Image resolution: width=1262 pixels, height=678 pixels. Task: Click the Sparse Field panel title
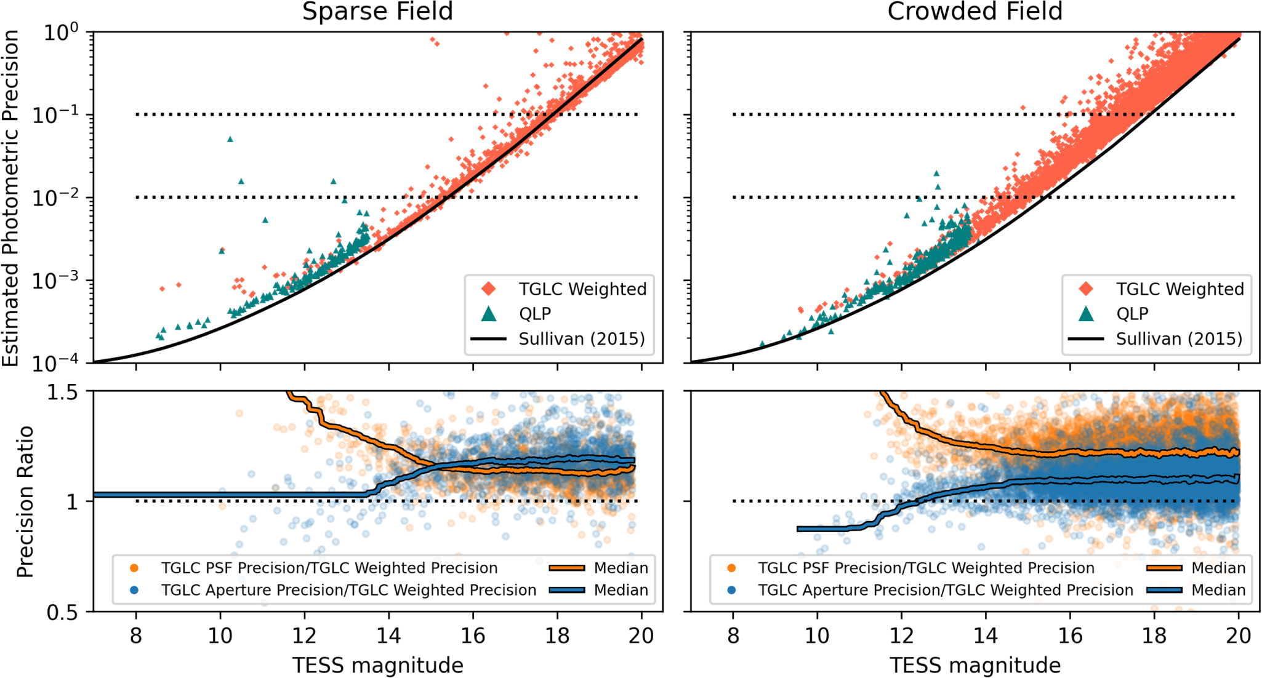click(377, 12)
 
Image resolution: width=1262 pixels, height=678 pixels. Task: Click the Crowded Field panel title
click(975, 12)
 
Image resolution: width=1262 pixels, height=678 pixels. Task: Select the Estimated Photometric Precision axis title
click(10, 198)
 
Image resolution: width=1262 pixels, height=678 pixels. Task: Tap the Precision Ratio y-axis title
click(25, 501)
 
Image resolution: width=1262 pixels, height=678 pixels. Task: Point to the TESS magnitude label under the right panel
click(975, 665)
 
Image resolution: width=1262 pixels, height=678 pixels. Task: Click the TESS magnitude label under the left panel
click(377, 665)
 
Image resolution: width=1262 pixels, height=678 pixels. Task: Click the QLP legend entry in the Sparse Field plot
click(534, 314)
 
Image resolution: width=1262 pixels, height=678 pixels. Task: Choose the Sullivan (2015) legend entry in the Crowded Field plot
click(1179, 339)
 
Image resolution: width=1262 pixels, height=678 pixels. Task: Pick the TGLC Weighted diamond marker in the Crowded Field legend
click(1087, 289)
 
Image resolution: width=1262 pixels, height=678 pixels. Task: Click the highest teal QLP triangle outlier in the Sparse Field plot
click(230, 139)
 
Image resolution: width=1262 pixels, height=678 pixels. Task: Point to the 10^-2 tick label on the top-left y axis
click(55, 198)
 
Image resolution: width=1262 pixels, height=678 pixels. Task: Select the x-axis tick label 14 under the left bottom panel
click(388, 636)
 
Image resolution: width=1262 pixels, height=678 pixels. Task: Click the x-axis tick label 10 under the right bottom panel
click(817, 636)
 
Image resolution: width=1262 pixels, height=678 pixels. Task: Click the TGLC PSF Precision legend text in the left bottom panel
click(329, 568)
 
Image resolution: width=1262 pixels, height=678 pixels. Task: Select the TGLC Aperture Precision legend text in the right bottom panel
click(946, 590)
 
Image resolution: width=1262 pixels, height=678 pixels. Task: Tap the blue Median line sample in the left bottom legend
click(566, 590)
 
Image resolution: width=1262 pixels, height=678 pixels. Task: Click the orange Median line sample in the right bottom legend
click(1164, 568)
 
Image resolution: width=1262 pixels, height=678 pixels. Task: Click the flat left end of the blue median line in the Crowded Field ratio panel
click(806, 528)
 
